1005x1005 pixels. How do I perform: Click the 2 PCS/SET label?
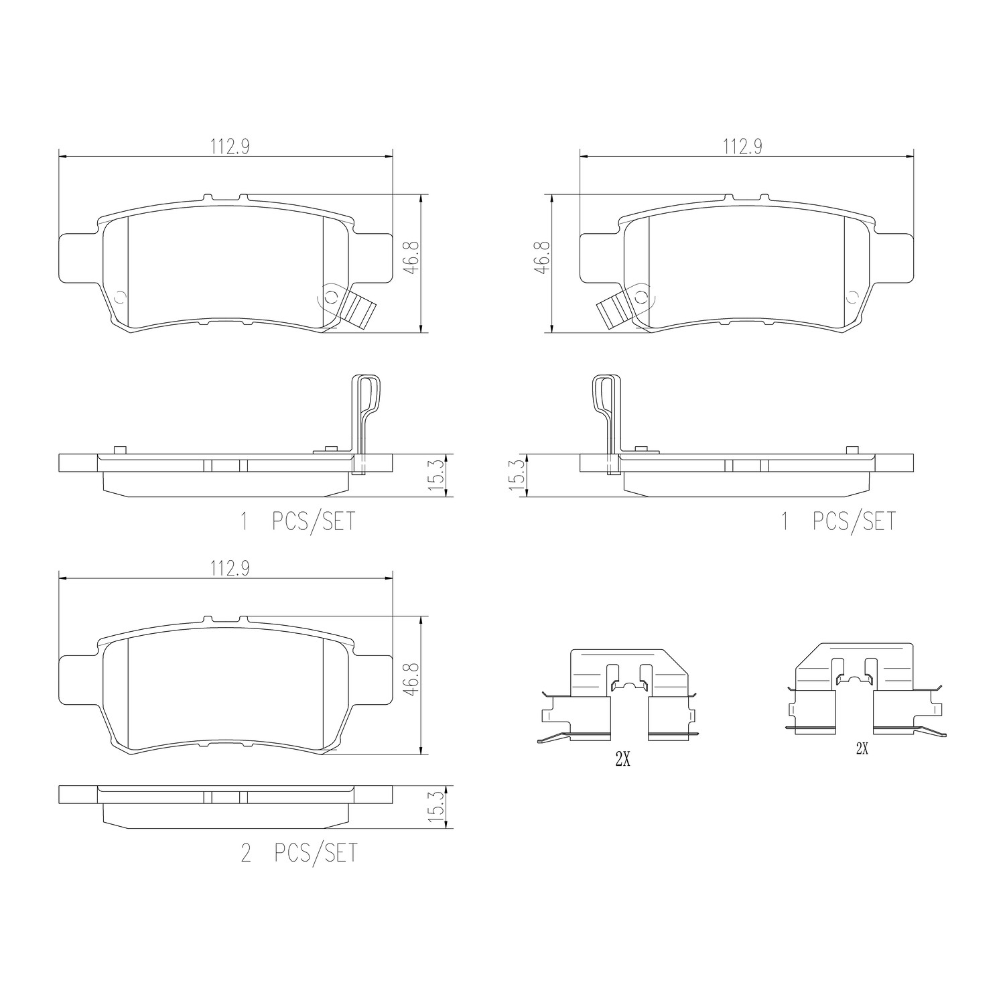pos(299,853)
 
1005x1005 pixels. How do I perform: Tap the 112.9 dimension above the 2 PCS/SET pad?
pos(230,569)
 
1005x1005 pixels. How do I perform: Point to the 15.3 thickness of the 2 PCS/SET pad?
pos(439,807)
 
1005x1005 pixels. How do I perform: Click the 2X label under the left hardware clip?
pos(622,760)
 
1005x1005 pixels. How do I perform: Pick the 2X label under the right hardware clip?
pos(862,750)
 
